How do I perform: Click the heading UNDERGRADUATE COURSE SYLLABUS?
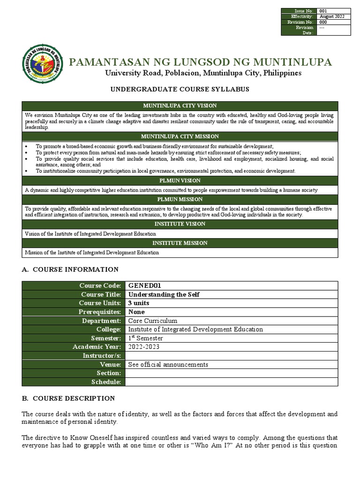click(180, 89)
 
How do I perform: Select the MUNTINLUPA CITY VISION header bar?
click(180, 105)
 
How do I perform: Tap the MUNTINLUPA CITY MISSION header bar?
click(180, 136)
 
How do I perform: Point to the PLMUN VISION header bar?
click(180, 180)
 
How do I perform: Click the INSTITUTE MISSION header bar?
click(180, 243)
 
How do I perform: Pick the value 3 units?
click(139, 303)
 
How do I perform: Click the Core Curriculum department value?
click(153, 321)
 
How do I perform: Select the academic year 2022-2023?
click(144, 347)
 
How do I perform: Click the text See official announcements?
click(168, 364)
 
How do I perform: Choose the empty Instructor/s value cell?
click(231, 356)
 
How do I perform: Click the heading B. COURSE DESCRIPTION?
click(68, 398)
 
